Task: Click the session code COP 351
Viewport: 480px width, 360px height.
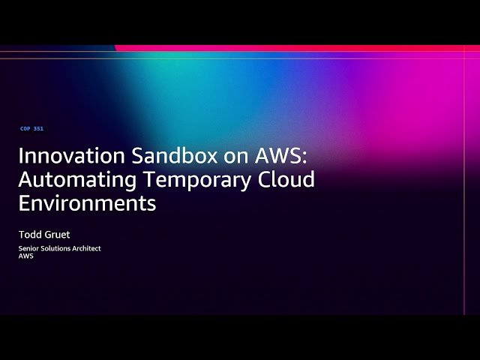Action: pyautogui.click(x=31, y=129)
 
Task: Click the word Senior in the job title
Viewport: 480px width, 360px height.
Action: pyautogui.click(x=29, y=248)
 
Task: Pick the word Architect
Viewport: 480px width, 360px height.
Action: pyautogui.click(x=87, y=248)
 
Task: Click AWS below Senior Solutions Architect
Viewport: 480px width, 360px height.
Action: pyautogui.click(x=26, y=256)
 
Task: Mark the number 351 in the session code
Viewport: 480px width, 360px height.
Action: pyautogui.click(x=38, y=129)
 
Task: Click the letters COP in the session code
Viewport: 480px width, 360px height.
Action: pyautogui.click(x=25, y=129)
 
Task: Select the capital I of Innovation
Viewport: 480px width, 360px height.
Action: pyautogui.click(x=21, y=157)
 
